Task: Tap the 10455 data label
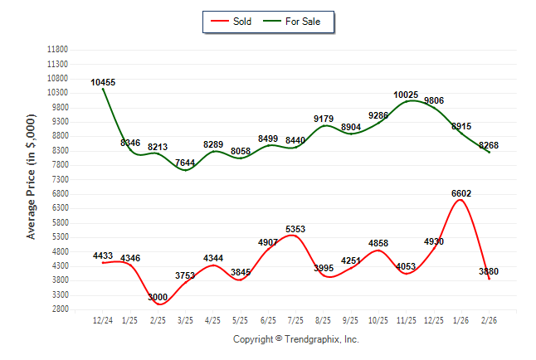click(x=103, y=82)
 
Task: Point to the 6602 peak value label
click(x=461, y=193)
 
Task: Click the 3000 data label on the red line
click(x=158, y=297)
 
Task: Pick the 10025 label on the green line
click(x=406, y=95)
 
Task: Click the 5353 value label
click(x=295, y=229)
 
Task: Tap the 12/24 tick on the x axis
click(x=102, y=320)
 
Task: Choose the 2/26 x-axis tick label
click(x=489, y=320)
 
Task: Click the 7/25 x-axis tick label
click(x=295, y=320)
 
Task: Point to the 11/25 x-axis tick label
click(x=406, y=320)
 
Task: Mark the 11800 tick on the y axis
click(x=57, y=50)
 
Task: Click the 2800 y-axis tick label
click(x=60, y=309)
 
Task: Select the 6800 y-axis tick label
click(x=60, y=194)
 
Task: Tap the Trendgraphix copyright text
click(x=295, y=339)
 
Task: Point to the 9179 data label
click(x=324, y=119)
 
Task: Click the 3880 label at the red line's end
click(x=488, y=271)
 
